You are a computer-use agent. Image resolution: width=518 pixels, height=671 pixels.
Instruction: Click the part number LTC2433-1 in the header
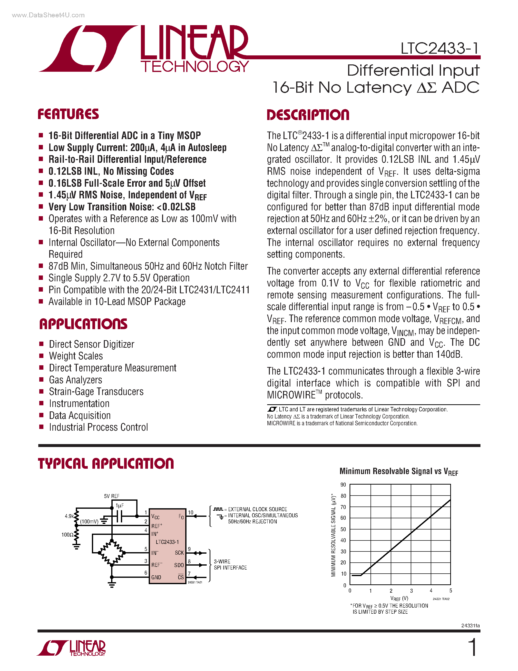click(x=440, y=48)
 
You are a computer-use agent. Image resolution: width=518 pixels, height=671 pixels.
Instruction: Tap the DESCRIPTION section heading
click(x=308, y=115)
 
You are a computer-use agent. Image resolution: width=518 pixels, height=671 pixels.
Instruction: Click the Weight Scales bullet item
click(x=76, y=356)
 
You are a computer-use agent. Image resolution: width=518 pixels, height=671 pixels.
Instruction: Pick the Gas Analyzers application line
click(x=76, y=380)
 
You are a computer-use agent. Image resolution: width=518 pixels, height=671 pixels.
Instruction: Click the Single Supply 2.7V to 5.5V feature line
click(x=119, y=278)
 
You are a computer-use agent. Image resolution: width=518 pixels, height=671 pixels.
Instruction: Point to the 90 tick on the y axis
click(x=343, y=485)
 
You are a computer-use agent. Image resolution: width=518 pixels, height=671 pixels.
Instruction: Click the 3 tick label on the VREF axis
click(x=411, y=591)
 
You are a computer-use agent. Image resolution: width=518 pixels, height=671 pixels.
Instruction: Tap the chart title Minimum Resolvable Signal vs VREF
click(x=398, y=472)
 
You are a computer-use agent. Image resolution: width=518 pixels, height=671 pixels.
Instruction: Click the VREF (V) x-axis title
click(x=399, y=599)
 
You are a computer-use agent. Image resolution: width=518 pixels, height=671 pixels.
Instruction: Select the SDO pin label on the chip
click(x=179, y=565)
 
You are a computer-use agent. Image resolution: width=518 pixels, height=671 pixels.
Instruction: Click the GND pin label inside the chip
click(x=156, y=578)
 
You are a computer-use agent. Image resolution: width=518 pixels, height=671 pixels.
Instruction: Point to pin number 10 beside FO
click(x=191, y=512)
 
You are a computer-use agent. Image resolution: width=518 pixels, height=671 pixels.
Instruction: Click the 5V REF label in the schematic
click(x=111, y=496)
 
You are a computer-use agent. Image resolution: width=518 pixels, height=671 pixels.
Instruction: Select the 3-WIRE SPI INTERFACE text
click(x=230, y=565)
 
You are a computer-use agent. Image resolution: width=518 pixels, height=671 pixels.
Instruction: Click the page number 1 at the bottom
click(x=473, y=647)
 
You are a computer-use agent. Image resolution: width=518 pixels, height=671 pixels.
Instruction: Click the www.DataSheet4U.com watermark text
click(x=48, y=15)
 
